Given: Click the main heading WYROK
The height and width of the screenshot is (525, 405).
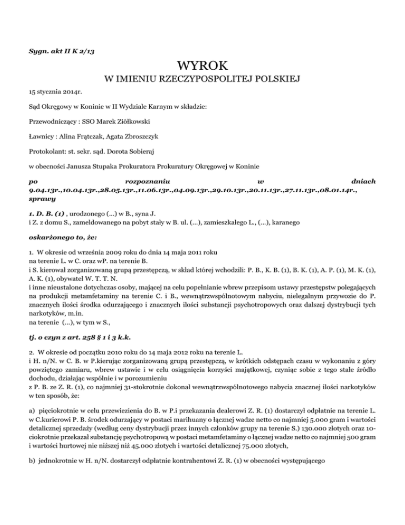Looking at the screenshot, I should (202, 66).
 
